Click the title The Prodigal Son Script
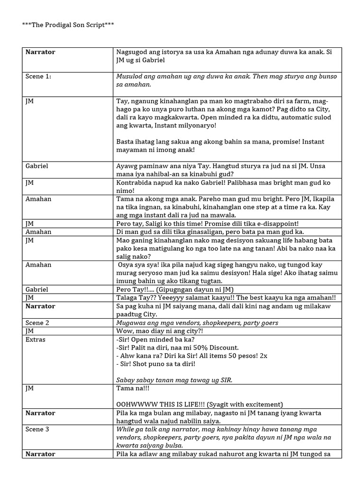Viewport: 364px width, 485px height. coord(68,25)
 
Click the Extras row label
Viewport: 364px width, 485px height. coord(36,340)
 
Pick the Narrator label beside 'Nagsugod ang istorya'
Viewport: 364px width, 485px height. coord(40,52)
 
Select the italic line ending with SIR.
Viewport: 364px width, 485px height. coord(174,380)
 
